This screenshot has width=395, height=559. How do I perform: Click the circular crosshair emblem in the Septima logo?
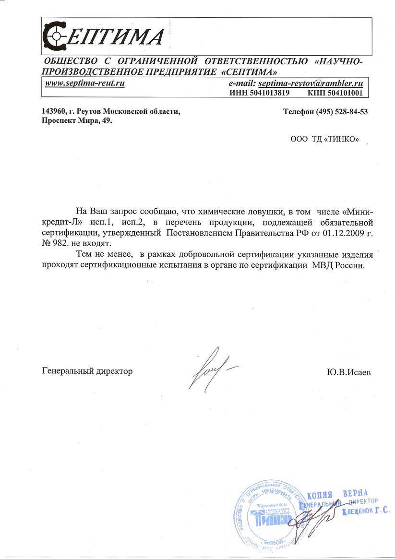coord(57,35)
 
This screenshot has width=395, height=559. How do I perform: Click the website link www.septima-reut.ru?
coord(85,83)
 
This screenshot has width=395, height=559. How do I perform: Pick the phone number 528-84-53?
coord(347,112)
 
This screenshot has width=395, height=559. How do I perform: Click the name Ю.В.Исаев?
coord(348,372)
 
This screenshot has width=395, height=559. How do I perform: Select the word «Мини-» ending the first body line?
coord(351,211)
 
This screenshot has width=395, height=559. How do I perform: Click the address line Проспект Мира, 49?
coord(77,121)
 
